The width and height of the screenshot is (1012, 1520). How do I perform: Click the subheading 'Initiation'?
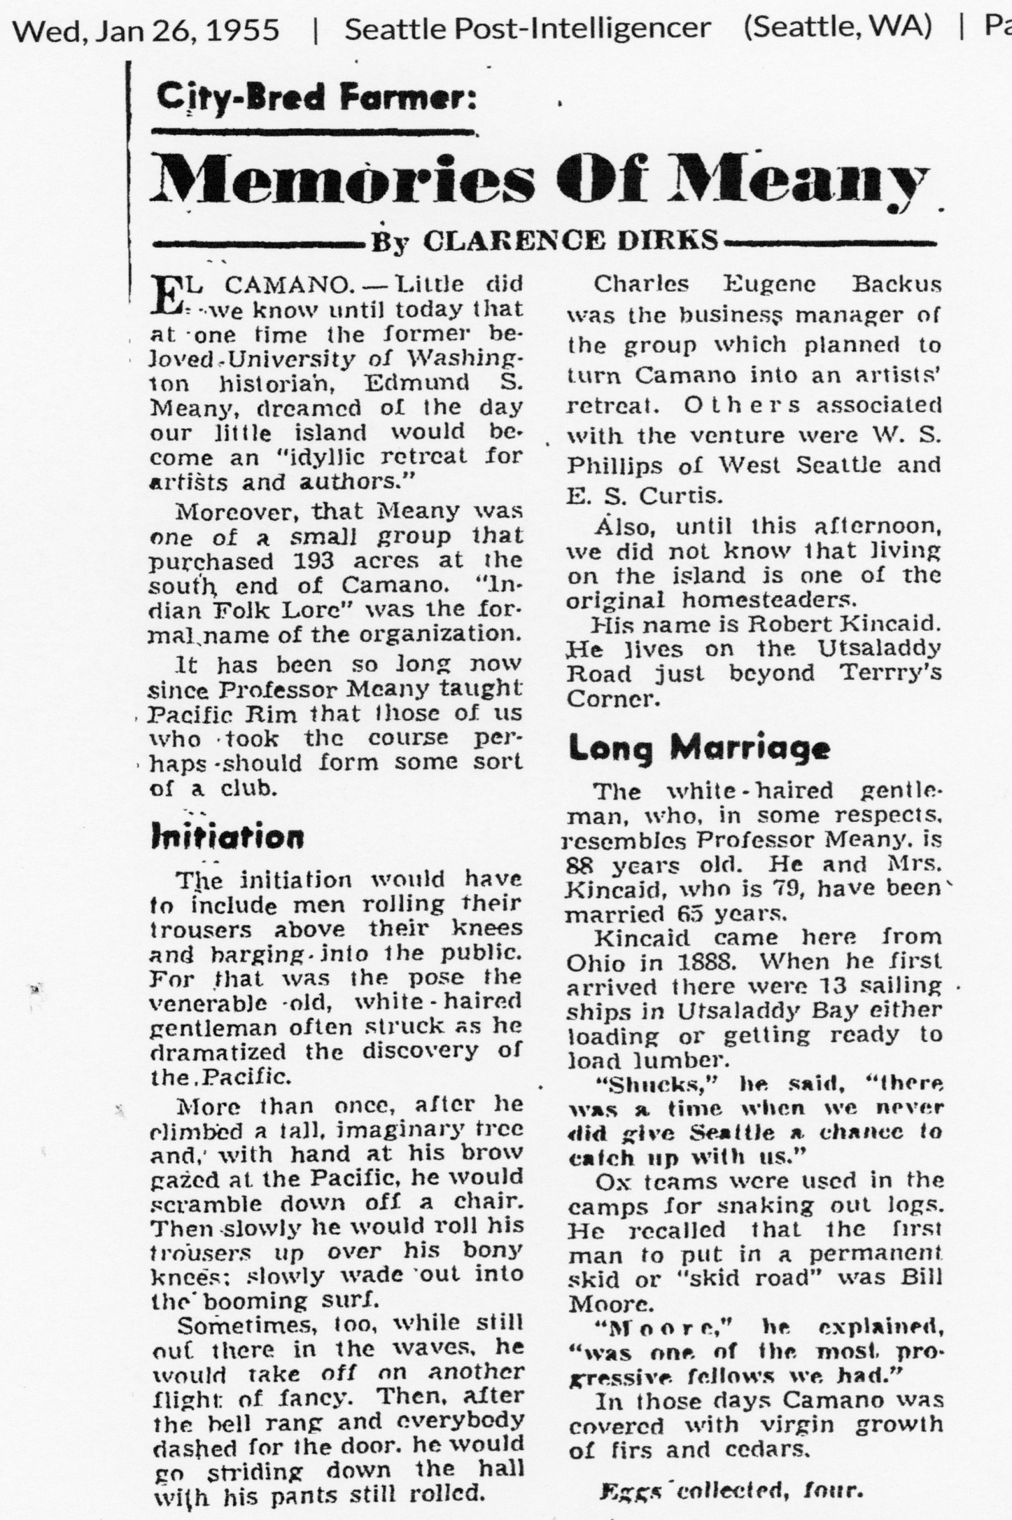pos(227,837)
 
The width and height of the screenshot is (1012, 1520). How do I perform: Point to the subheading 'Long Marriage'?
pos(699,748)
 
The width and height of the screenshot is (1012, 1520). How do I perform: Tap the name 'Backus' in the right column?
pos(897,285)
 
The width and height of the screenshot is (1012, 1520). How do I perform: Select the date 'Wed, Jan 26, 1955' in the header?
pos(147,29)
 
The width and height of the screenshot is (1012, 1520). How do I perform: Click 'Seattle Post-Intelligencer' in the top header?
pos(528,29)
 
